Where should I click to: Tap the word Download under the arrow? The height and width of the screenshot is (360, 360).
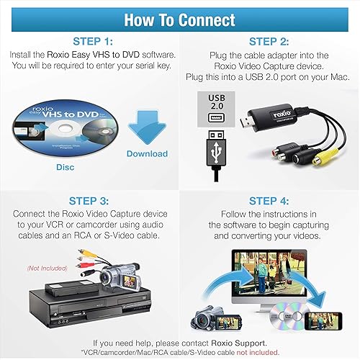(147, 154)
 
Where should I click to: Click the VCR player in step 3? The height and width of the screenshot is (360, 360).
(83, 302)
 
